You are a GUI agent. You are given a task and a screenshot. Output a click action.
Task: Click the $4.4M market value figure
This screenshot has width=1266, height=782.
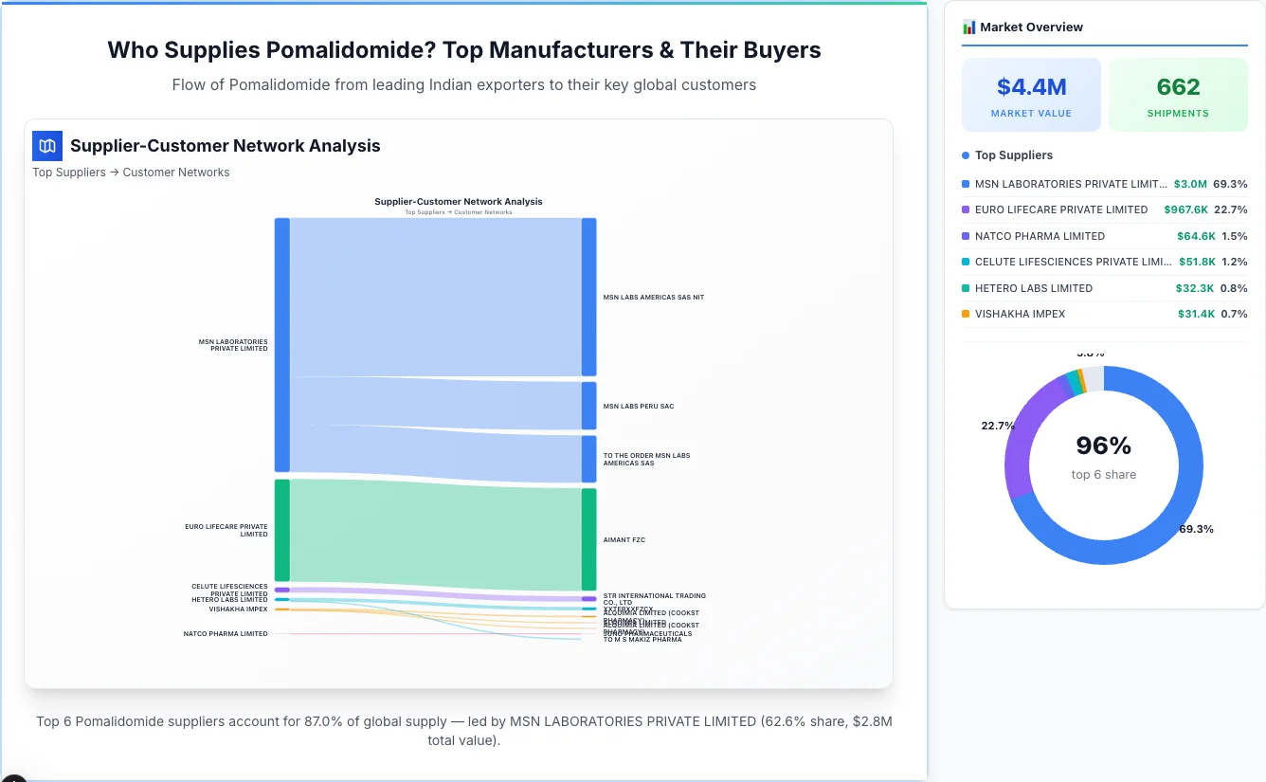point(1031,87)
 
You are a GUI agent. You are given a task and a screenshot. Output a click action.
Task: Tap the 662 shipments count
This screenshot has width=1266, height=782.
point(1178,87)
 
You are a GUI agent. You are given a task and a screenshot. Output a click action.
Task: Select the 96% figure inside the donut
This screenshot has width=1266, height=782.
point(1103,446)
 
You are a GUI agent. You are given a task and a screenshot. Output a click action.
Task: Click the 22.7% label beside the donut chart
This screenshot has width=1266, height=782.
point(998,426)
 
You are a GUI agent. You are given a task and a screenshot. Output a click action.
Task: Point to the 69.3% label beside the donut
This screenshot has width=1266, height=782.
point(1196,529)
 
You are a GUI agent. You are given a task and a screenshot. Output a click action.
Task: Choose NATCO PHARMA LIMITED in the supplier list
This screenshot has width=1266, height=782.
point(1040,236)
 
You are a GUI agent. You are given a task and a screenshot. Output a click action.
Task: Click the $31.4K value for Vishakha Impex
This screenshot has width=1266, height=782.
point(1195,314)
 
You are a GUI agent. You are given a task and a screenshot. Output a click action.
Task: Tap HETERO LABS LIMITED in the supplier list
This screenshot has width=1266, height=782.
point(1034,288)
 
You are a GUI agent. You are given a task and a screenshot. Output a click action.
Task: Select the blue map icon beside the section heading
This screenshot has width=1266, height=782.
point(47,146)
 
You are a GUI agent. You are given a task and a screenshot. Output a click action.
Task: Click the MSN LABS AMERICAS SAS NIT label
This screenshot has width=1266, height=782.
point(653,298)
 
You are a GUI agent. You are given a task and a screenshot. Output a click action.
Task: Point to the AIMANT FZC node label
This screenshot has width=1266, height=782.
point(624,540)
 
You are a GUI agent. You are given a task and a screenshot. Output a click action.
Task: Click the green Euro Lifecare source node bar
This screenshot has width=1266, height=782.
point(281,530)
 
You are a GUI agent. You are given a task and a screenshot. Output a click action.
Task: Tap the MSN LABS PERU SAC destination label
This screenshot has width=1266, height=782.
point(638,407)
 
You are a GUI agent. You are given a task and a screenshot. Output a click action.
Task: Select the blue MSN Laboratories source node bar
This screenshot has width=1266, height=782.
point(281,344)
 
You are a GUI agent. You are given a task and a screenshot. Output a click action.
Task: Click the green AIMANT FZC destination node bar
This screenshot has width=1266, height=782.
point(588,539)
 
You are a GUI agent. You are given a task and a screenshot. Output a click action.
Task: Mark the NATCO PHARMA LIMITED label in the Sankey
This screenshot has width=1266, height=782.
point(226,634)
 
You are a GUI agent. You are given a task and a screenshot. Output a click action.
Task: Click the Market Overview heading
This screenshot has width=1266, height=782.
point(1031,27)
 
